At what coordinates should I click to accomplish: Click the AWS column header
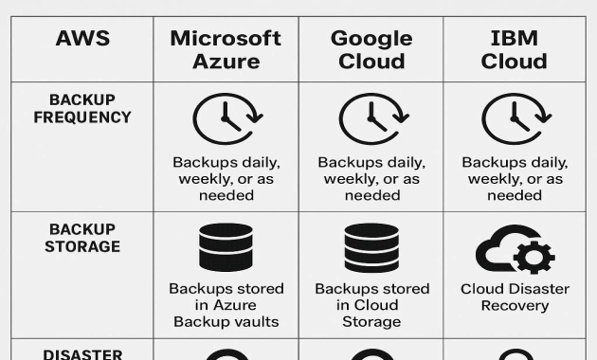(82, 39)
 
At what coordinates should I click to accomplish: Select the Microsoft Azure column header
(226, 49)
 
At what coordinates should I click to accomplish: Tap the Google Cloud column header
(371, 49)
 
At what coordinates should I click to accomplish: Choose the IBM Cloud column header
(514, 49)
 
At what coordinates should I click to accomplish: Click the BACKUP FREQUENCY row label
(82, 109)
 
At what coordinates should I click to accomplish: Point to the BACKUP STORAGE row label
(82, 238)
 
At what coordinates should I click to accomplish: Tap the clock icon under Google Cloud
(371, 119)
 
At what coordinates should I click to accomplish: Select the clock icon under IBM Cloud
(514, 119)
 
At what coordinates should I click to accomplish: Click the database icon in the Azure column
(226, 247)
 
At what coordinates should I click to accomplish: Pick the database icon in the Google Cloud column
(371, 247)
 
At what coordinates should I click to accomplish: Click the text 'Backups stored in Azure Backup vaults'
(226, 305)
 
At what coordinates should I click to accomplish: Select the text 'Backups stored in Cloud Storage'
(371, 305)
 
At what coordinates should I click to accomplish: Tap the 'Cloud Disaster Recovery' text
(515, 297)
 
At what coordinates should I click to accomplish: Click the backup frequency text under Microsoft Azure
(226, 178)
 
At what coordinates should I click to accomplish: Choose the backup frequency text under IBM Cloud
(515, 178)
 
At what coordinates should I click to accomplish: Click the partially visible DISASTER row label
(82, 353)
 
